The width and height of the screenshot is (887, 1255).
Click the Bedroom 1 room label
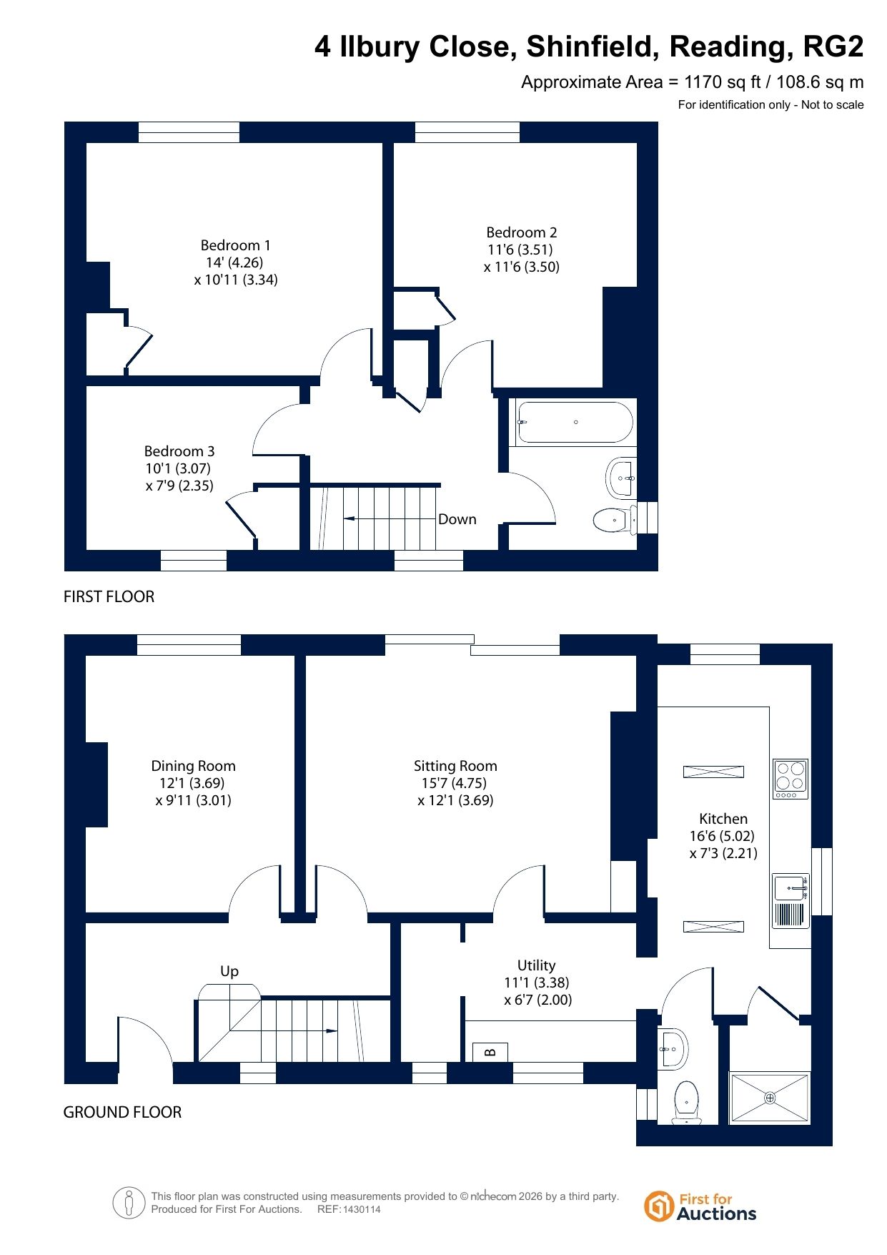(235, 245)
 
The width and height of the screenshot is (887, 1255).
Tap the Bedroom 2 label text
(521, 232)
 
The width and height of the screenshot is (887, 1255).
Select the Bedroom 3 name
(179, 451)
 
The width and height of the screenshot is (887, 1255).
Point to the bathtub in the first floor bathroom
(575, 422)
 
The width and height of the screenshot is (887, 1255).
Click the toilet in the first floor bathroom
(615, 519)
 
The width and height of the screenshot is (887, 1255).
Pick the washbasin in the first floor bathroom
(620, 477)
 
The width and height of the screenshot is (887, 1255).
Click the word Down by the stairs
(457, 519)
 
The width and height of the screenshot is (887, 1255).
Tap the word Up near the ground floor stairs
(229, 971)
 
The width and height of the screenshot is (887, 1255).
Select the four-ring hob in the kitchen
(791, 779)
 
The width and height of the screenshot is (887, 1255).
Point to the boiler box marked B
(490, 1052)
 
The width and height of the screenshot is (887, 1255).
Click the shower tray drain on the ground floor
(770, 1098)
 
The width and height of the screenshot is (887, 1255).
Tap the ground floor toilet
(687, 1102)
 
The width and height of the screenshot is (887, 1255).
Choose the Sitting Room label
(455, 766)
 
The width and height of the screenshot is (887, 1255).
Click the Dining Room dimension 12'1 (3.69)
(192, 783)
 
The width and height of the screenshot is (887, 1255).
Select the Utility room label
(536, 965)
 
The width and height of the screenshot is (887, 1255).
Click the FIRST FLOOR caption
(109, 596)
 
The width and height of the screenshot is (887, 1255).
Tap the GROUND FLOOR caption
(122, 1112)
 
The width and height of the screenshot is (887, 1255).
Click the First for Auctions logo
(700, 1206)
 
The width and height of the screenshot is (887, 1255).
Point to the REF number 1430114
(362, 1210)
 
